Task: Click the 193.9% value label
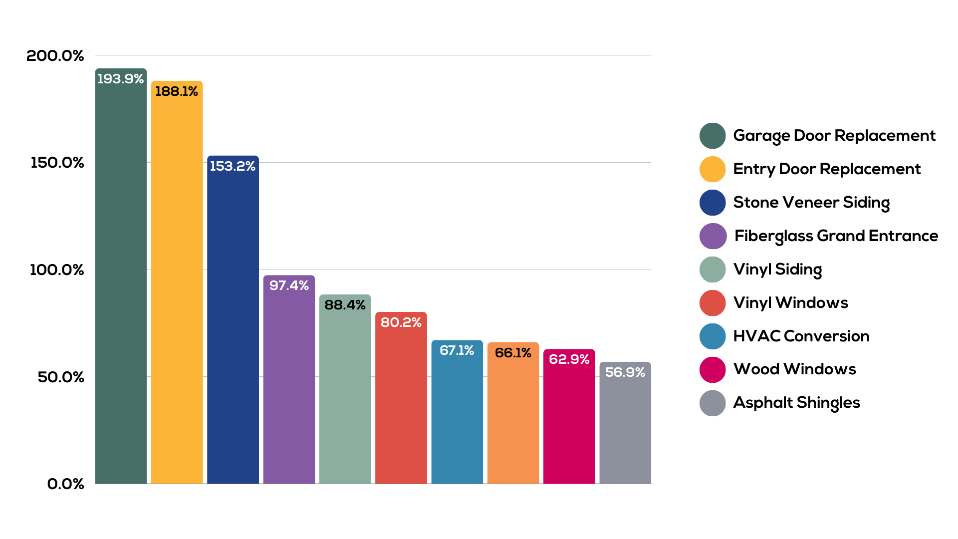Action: pos(120,79)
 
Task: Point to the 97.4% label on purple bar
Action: pos(289,285)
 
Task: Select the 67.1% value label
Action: pos(457,350)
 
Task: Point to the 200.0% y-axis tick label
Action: pos(55,55)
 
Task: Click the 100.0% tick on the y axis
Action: pos(56,270)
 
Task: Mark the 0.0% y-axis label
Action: pos(65,484)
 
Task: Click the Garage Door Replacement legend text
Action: pos(834,136)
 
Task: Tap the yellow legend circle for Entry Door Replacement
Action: pos(712,169)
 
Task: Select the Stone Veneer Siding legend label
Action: pos(811,203)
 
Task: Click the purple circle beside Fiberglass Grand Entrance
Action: pos(712,236)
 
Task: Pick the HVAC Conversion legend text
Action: pos(801,336)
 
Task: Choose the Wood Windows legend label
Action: pos(794,369)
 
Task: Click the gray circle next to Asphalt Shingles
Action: pos(712,403)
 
